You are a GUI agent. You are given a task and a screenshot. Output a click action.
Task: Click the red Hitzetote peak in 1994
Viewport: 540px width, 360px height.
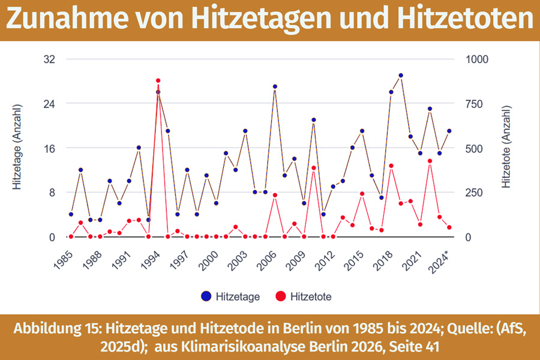[158, 80]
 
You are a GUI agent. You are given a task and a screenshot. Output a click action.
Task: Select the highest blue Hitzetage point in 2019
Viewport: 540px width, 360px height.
[400, 76]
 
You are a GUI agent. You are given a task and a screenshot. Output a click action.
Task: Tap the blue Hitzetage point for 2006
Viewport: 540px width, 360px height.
[275, 86]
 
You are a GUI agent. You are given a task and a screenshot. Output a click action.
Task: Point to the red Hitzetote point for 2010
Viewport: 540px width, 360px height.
[313, 168]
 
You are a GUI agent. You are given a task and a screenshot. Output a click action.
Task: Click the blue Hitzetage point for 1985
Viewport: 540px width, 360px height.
[71, 214]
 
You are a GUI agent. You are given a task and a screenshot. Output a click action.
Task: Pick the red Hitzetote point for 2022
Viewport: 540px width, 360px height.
[430, 161]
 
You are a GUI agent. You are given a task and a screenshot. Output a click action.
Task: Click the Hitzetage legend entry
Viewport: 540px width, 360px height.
[231, 296]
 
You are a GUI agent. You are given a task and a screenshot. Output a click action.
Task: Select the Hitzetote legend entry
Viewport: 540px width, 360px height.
[303, 296]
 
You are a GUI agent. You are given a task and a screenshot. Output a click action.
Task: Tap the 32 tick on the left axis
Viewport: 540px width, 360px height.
[49, 59]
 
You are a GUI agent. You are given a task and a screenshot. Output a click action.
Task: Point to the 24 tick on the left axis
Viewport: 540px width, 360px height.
[49, 104]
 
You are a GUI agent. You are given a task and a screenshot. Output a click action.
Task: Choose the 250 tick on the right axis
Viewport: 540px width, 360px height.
[475, 193]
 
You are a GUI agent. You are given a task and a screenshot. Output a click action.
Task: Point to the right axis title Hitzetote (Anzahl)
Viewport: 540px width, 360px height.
[507, 148]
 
